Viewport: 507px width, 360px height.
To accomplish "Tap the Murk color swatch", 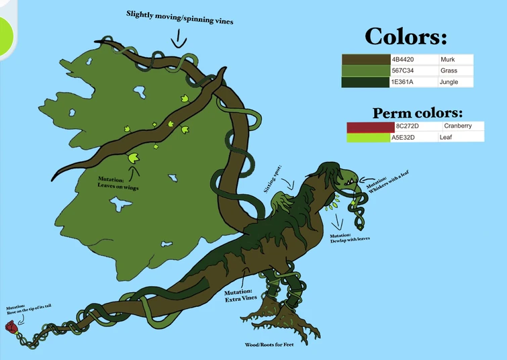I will (365, 60).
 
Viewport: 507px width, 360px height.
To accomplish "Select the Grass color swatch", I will (365, 71).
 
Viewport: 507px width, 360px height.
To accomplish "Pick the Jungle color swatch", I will (365, 82).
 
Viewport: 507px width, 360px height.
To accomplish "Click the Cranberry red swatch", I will (370, 126).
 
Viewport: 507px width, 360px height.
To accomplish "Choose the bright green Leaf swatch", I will (368, 137).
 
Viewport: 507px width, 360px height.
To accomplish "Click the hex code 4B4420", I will (402, 60).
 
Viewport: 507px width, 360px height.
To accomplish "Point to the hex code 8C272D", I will (407, 126).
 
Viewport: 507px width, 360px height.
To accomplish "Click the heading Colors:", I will (406, 36).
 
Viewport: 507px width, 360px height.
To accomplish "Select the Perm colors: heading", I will (418, 113).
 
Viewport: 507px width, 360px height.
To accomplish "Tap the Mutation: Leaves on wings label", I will (118, 183).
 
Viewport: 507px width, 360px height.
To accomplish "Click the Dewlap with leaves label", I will (350, 237).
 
